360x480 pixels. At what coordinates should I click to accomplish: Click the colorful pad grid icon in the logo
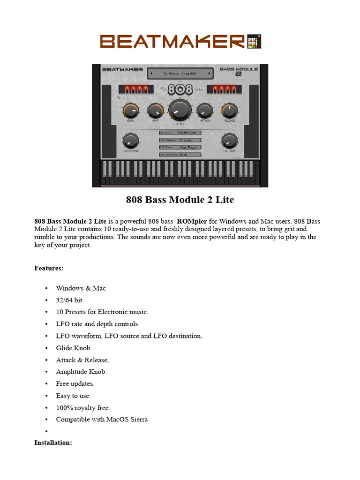pos(254,41)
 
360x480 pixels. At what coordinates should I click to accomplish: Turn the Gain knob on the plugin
pos(130,111)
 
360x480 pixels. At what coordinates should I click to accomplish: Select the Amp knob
pos(155,111)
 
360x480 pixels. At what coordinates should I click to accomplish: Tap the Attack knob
pos(205,111)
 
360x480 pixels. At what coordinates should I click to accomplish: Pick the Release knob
pos(229,111)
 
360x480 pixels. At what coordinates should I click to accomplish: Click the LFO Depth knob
pos(130,140)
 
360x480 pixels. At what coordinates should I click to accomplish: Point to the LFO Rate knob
pos(229,140)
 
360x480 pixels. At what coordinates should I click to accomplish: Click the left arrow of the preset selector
pos(151,74)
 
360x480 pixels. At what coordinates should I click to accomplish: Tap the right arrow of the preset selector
pos(209,74)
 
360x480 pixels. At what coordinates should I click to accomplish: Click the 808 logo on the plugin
pos(180,89)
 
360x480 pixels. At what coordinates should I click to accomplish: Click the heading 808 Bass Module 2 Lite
pos(180,200)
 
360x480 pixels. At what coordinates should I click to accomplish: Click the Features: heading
pos(49,269)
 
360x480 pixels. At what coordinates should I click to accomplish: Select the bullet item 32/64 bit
pos(69,300)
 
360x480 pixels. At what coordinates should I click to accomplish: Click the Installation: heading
pos(53,442)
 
